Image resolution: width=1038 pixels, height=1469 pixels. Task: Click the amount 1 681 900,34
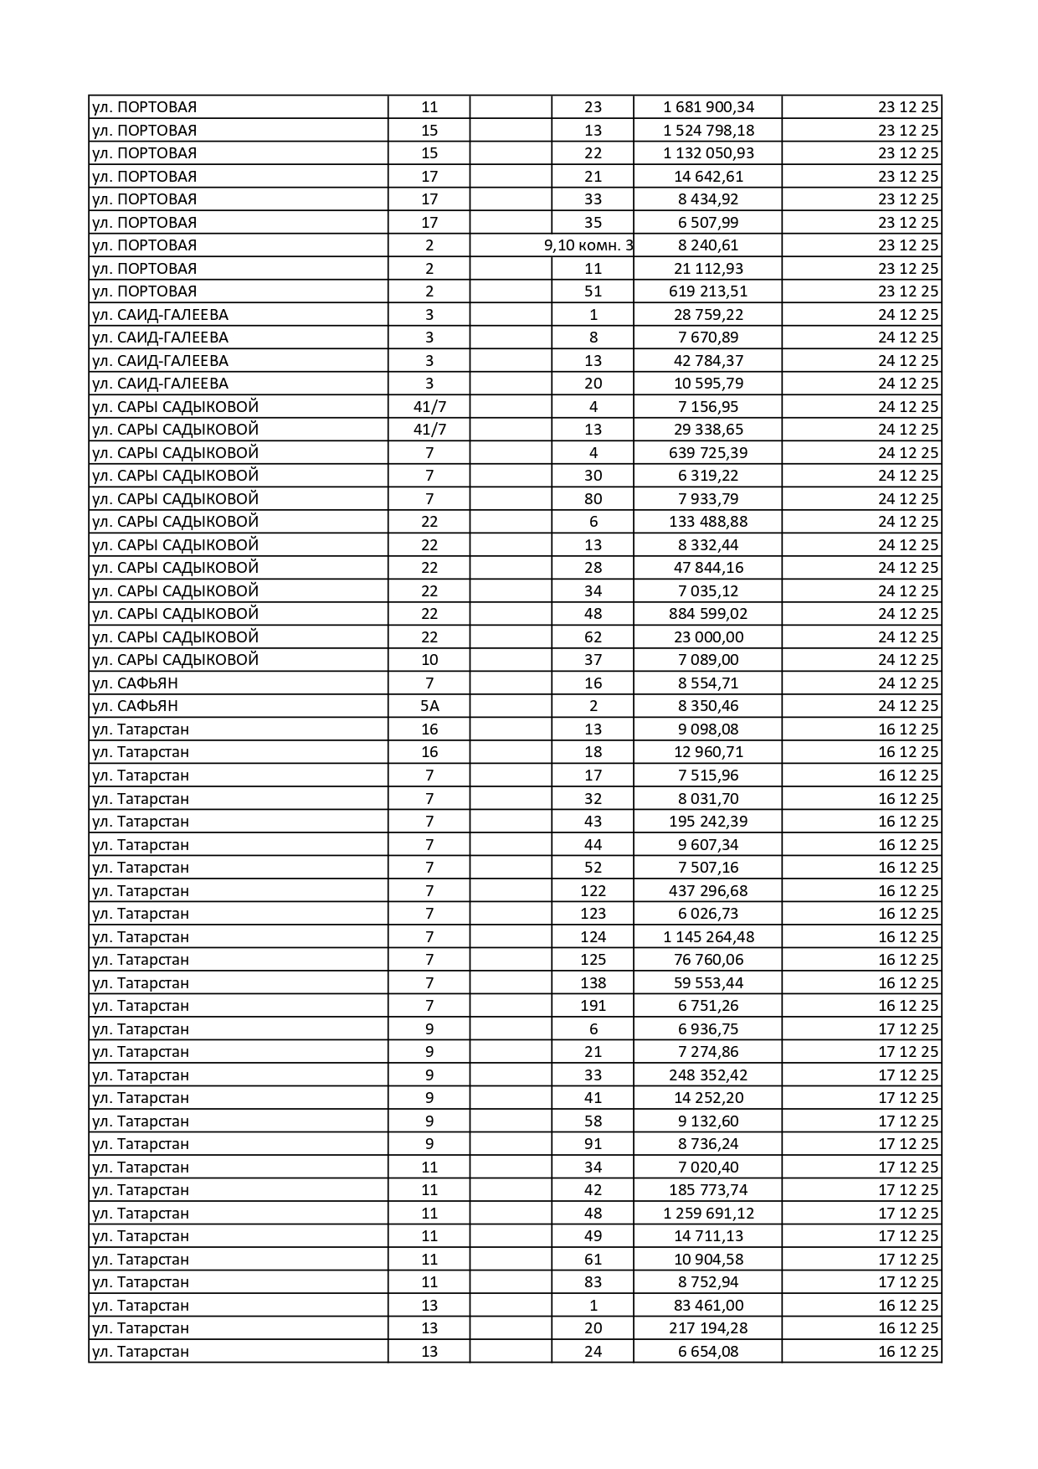[708, 107]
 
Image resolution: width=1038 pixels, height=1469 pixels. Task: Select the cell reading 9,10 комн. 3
[588, 245]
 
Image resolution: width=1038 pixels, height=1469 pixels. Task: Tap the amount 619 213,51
[708, 291]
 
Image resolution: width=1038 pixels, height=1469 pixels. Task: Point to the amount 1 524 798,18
[708, 130]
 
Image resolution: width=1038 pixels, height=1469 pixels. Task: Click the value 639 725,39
[708, 452]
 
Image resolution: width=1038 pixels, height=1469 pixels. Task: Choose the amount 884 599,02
[708, 614]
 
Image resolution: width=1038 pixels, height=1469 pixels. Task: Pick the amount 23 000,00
[708, 637]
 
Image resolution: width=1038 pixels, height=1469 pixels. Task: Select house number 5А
[429, 706]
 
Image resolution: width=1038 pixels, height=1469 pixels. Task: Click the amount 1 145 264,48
[708, 936]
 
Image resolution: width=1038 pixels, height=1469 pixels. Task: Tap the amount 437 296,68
[708, 890]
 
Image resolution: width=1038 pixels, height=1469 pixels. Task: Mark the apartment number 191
[593, 1006]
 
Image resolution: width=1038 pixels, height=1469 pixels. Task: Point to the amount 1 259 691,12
[708, 1213]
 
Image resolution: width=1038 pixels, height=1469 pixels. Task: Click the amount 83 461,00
[708, 1305]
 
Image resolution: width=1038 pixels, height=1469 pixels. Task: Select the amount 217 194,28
[708, 1328]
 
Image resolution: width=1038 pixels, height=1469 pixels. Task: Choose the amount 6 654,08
[708, 1351]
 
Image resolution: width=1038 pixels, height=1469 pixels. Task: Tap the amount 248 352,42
[708, 1075]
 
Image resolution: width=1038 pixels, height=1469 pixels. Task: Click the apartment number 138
[593, 982]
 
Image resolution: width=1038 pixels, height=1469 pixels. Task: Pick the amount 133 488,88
[708, 522]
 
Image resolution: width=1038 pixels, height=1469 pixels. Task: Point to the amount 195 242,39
[708, 822]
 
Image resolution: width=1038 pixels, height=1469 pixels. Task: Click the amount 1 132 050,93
[708, 153]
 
